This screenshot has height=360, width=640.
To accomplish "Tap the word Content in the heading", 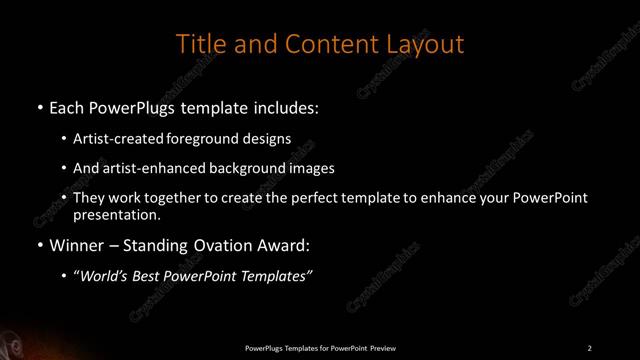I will (x=325, y=45).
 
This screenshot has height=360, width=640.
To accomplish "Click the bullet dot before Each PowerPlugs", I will (x=39, y=104).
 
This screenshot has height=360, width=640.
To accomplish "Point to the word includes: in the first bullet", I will (x=289, y=104).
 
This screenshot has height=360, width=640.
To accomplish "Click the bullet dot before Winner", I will (x=39, y=243).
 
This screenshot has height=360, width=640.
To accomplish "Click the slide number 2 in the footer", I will (x=590, y=347).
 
